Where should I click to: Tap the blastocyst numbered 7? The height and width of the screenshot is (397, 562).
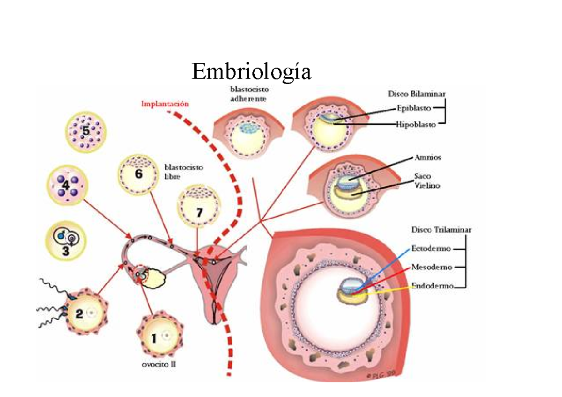point(199,208)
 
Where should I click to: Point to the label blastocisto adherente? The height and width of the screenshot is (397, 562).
point(249,94)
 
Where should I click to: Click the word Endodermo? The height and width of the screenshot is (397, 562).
point(432,286)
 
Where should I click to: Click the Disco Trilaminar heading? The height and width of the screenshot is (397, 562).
point(441,230)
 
